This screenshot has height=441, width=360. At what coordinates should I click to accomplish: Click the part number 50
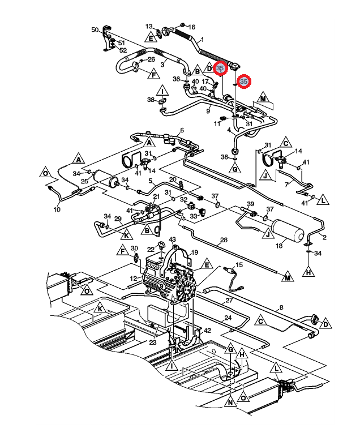tap(95, 30)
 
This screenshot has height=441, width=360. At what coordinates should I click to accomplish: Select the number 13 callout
tap(149, 26)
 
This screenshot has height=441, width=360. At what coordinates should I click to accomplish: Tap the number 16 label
tap(191, 27)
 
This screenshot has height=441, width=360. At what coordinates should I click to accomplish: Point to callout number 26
tap(151, 59)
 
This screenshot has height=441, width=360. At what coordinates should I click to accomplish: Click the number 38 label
tap(151, 100)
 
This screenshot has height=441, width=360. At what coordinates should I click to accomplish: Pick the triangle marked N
tap(230, 401)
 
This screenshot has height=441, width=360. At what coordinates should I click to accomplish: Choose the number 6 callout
tap(182, 130)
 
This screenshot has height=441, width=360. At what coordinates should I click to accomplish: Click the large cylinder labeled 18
tap(288, 230)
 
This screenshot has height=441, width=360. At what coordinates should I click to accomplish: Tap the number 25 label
tap(85, 181)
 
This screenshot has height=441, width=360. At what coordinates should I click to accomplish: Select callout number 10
tap(57, 209)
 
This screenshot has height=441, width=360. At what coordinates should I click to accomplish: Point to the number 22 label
tap(151, 249)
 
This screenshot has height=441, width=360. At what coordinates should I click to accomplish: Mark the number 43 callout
tap(172, 239)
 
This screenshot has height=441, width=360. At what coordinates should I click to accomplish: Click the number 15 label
tap(239, 264)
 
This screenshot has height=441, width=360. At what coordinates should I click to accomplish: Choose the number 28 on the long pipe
tap(224, 240)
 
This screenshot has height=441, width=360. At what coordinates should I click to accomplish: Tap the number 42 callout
tap(207, 331)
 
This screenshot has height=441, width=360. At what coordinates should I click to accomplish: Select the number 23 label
tap(152, 342)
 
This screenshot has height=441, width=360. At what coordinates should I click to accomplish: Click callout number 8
tap(281, 307)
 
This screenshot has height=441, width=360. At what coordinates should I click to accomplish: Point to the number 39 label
tap(250, 204)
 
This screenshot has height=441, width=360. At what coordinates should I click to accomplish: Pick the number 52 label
tap(123, 50)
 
